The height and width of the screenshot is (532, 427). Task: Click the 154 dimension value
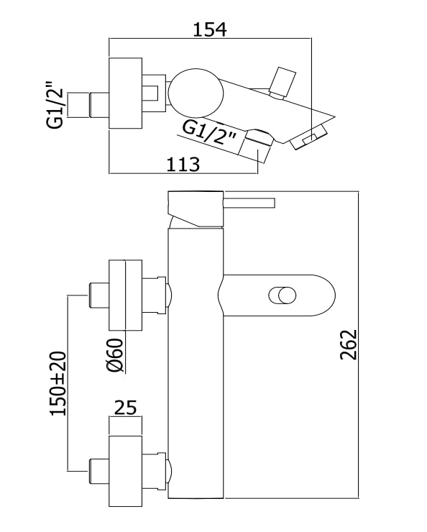[x=210, y=29]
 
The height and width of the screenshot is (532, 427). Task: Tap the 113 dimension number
[x=183, y=165]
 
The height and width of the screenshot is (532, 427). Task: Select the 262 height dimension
[x=349, y=344]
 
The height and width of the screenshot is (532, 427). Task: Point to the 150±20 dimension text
[x=58, y=383]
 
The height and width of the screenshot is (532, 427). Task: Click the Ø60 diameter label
[x=114, y=356]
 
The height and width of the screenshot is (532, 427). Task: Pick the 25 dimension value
[x=125, y=408]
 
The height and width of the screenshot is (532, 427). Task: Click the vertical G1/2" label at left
[x=55, y=104]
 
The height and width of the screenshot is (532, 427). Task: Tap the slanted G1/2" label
[x=209, y=134]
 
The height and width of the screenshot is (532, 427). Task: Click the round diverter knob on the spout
[x=283, y=295]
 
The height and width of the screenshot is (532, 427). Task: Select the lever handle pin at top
[x=249, y=203]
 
